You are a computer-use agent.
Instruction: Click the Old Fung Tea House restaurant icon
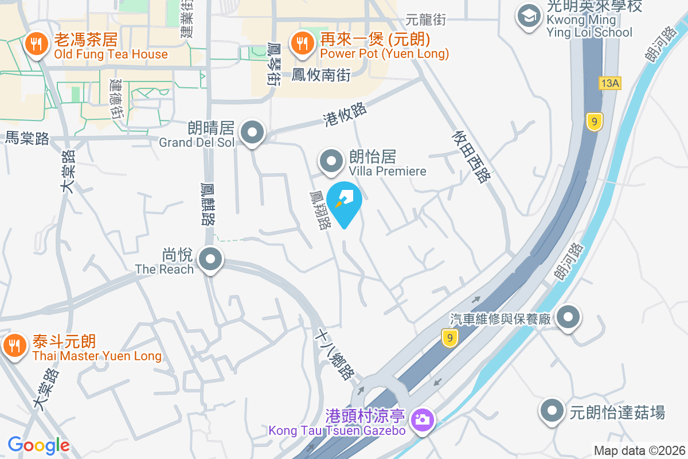click(36, 44)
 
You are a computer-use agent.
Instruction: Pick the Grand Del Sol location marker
click(252, 133)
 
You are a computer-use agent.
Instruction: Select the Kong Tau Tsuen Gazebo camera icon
click(423, 419)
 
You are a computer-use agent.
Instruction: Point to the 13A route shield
click(609, 83)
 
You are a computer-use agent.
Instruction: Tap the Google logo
click(38, 445)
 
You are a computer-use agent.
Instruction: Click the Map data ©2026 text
click(639, 450)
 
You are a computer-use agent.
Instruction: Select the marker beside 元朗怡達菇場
click(552, 411)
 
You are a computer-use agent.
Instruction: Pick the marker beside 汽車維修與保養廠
click(569, 317)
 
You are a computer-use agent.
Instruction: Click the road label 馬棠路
click(27, 138)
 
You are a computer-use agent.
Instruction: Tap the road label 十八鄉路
click(337, 353)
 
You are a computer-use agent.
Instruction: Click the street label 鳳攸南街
click(321, 75)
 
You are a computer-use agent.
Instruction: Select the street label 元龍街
click(425, 20)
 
